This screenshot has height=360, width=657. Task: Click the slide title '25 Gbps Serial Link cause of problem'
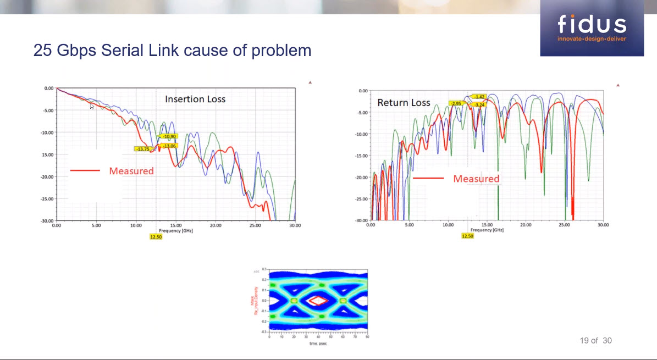click(x=172, y=51)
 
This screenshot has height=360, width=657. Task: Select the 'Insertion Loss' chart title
click(x=195, y=99)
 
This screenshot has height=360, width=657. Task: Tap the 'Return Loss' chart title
click(x=403, y=103)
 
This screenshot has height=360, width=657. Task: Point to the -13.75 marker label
click(x=142, y=149)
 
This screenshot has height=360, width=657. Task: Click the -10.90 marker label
click(x=168, y=136)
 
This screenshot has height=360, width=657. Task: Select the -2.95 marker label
click(x=456, y=103)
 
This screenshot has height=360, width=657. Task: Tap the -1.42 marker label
click(x=479, y=97)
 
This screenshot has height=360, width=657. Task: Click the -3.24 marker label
click(x=479, y=104)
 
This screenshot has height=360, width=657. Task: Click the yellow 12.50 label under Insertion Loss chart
click(x=156, y=236)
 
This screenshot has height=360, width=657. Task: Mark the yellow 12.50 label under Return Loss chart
click(x=467, y=236)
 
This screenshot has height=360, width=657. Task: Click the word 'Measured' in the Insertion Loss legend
click(x=131, y=171)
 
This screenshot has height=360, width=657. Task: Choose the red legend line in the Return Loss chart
click(x=428, y=179)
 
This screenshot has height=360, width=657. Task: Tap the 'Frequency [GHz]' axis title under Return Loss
click(x=487, y=230)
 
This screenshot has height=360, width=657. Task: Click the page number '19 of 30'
click(x=595, y=341)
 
